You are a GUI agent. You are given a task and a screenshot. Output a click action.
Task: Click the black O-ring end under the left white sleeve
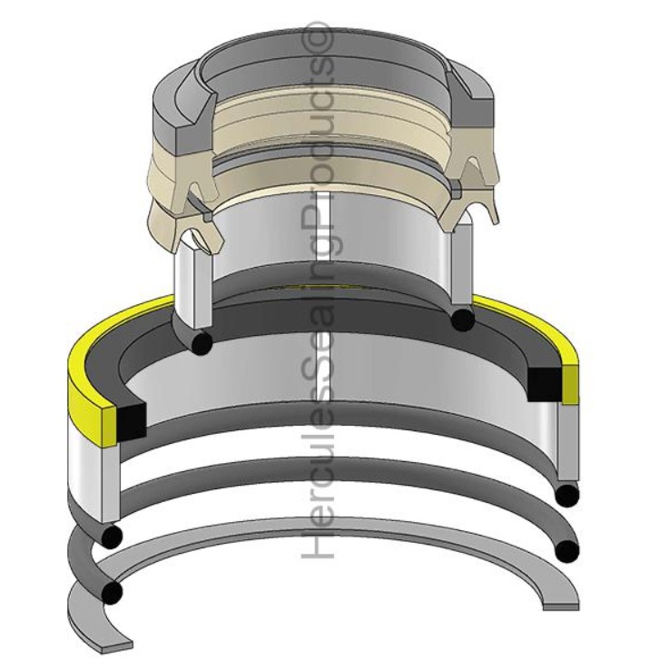coord(201,343)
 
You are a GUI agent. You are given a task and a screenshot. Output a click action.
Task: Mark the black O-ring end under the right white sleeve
coord(463,319)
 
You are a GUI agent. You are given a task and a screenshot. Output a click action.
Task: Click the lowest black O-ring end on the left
coord(113,593)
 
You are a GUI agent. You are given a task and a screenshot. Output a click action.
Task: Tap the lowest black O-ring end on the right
coord(567,549)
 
